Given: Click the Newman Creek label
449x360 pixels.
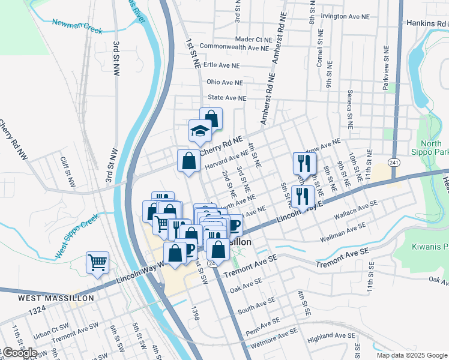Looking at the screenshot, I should coord(77,26).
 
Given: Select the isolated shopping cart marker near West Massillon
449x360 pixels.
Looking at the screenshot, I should coord(97,262).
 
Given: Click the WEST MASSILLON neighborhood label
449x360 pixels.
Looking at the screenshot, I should coord(47,298).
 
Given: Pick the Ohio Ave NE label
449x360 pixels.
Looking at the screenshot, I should coord(224,82).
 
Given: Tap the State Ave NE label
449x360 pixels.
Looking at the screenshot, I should coord(226,97).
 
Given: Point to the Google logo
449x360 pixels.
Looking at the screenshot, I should coord(19,353).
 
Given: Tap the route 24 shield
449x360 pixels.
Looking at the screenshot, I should coord(211,263).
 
